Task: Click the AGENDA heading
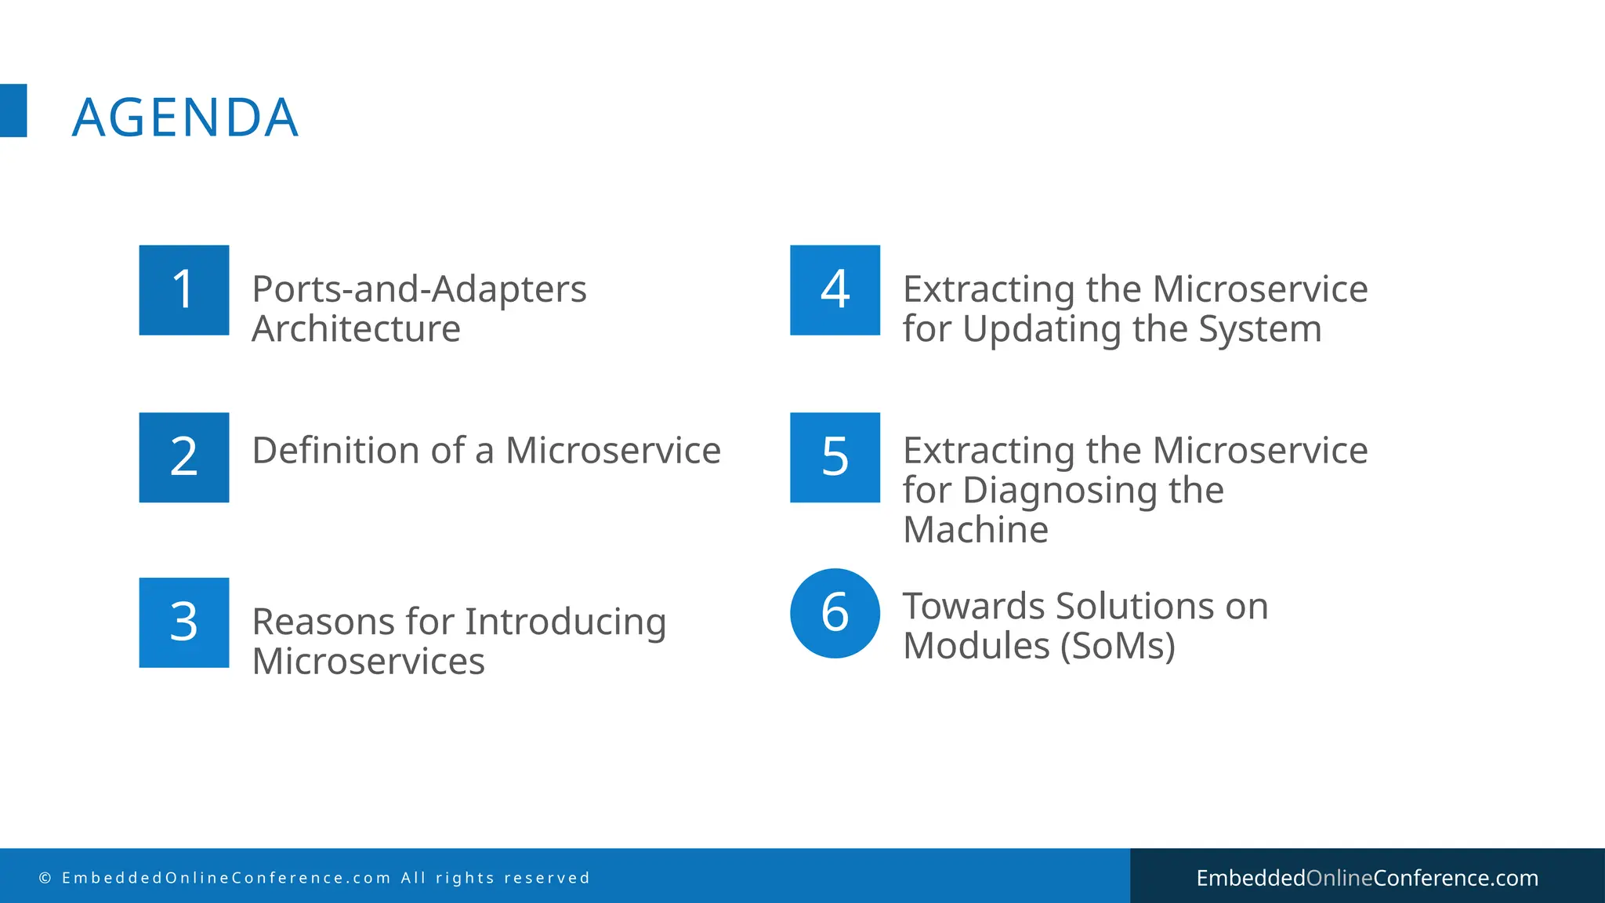(185, 118)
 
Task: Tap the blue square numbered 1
(184, 290)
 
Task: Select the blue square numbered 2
(184, 457)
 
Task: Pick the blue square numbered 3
(184, 622)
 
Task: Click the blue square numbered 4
(835, 290)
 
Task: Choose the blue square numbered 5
(835, 457)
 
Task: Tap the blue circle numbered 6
(835, 613)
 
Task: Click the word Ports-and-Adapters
(418, 289)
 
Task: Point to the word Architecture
(356, 328)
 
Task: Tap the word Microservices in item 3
(368, 662)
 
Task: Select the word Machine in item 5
(975, 530)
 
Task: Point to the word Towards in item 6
(973, 607)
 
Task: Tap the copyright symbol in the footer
(45, 878)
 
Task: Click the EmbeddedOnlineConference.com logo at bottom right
(1367, 878)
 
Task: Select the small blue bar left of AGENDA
(13, 111)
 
